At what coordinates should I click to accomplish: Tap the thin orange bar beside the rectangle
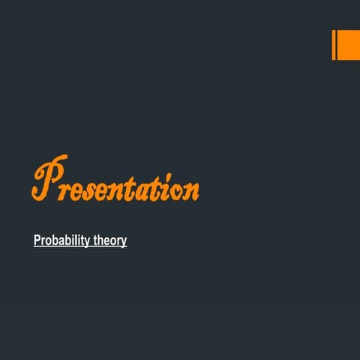[x=334, y=45]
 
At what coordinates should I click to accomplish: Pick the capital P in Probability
[x=37, y=241]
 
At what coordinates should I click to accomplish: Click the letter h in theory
[x=99, y=241]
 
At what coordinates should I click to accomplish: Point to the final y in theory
[x=124, y=243]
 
